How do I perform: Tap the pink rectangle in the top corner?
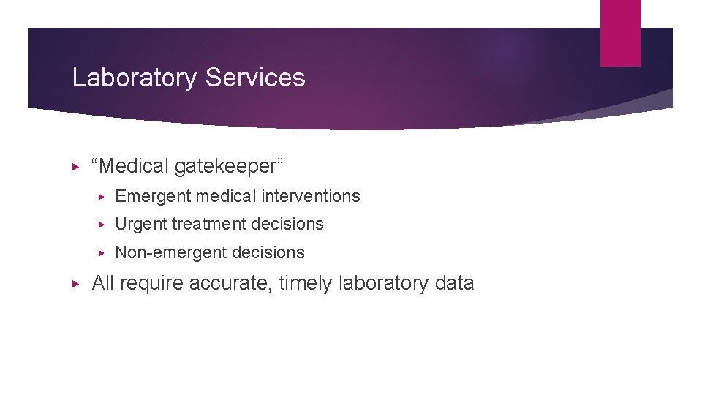(620, 33)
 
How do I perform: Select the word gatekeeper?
(228, 167)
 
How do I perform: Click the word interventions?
(314, 196)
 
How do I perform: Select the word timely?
(306, 284)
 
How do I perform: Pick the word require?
(151, 284)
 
